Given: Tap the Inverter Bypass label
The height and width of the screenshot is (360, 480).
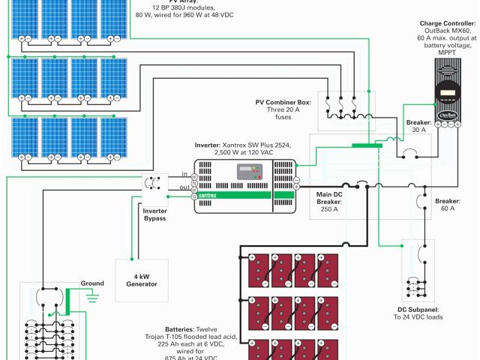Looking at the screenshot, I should point(154,214).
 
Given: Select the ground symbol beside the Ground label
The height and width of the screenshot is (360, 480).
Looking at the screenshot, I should point(93,297).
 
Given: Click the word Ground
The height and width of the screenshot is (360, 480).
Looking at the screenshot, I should point(92,283).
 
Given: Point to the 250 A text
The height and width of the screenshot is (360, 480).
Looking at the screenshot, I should point(329,209).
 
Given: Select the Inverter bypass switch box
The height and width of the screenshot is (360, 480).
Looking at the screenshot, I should point(154,187).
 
